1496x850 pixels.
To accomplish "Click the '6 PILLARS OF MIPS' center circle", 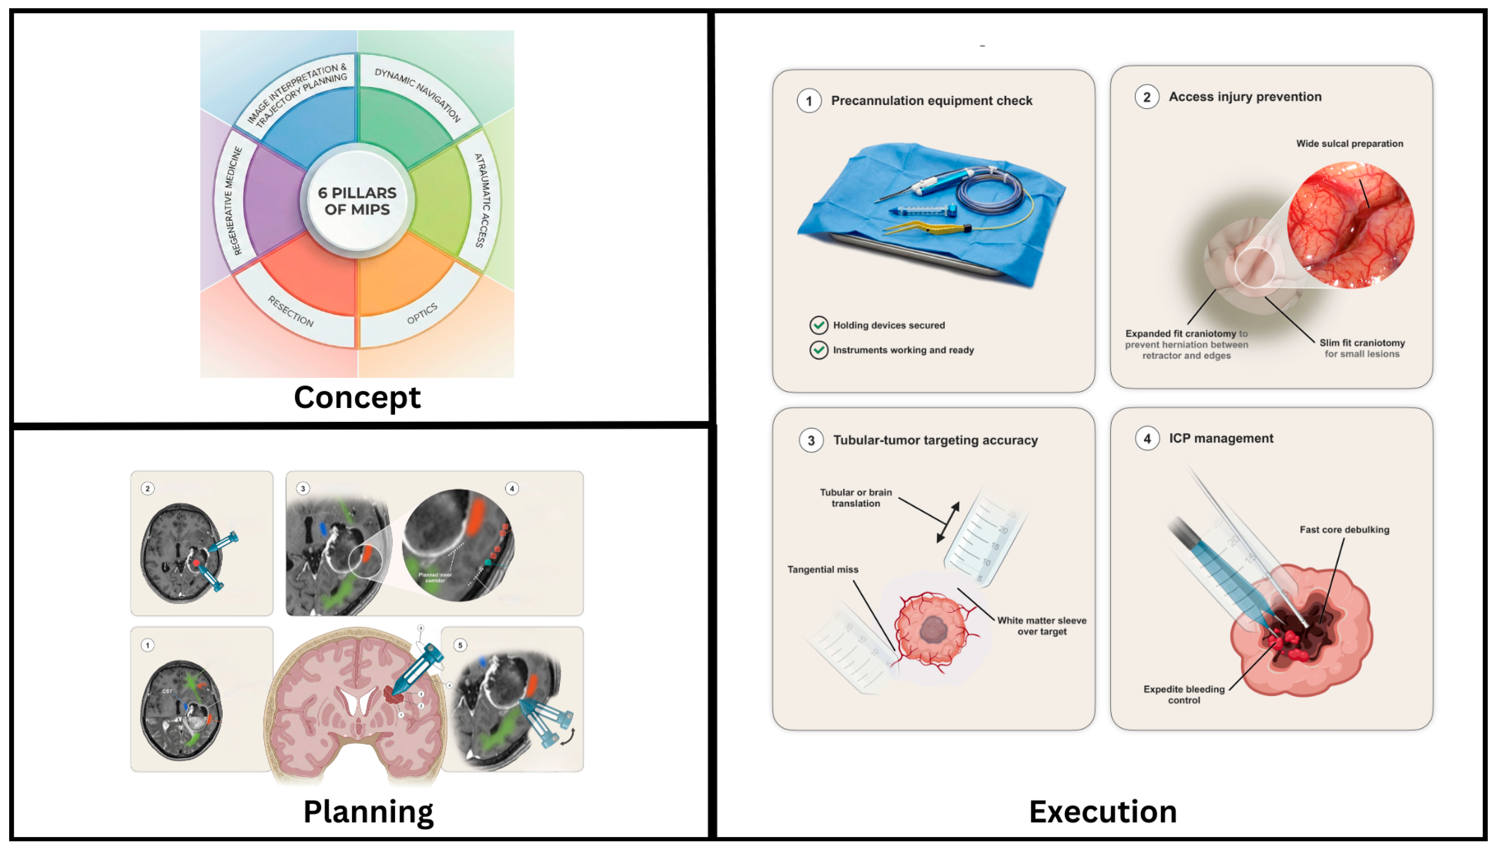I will [x=356, y=201].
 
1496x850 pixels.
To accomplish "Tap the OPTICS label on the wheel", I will [x=422, y=314].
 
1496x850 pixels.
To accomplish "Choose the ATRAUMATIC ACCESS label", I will [x=482, y=201].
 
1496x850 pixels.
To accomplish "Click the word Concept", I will [x=356, y=397].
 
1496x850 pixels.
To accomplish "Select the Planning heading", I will [x=368, y=811].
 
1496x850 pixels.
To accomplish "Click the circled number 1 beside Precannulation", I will [x=809, y=101].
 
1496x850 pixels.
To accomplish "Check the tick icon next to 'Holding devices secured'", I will [x=819, y=325].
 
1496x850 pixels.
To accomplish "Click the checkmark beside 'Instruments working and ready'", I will [x=819, y=350].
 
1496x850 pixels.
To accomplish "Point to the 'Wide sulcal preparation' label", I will [x=1349, y=144].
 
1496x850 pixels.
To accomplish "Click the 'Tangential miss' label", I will [x=822, y=569].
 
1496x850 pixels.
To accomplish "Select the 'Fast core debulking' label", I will [x=1344, y=530].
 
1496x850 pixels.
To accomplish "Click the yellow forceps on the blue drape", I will [x=922, y=228].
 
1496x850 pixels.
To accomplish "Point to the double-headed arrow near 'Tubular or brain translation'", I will [x=948, y=521].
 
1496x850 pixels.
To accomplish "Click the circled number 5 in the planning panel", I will [x=460, y=645].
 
